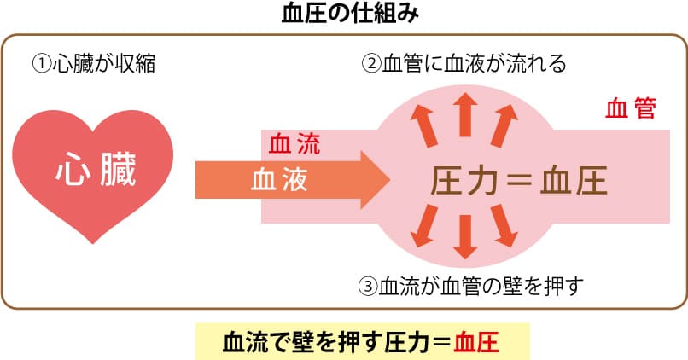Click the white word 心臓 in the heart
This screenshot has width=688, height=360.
pos(95,171)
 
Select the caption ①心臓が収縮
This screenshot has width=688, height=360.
pos(94,63)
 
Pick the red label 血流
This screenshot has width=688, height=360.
pos(294,144)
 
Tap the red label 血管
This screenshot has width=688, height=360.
pos(630,108)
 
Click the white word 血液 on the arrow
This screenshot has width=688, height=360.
pos(279,179)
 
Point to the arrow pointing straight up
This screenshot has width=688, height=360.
pos(465,113)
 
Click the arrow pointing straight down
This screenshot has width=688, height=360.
pos(464,237)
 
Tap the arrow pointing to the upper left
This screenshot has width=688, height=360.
pos(423,126)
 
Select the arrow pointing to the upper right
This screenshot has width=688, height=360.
pos(505,126)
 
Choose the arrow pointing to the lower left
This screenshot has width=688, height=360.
pos(423,227)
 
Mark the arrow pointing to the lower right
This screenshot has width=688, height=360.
pos(505,227)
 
